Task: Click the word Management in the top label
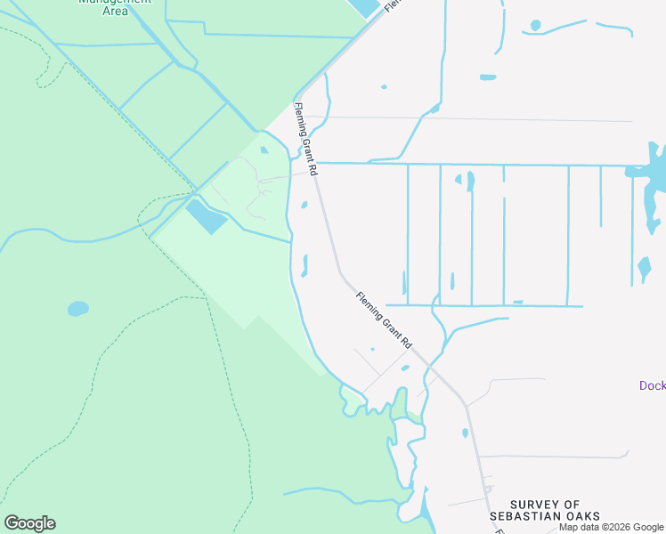click(114, 2)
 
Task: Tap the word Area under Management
click(115, 12)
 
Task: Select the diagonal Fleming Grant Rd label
click(386, 320)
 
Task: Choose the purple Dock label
click(653, 385)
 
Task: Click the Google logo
click(29, 523)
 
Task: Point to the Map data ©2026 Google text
click(612, 527)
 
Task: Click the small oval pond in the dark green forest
click(78, 309)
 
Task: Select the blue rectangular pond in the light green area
click(206, 216)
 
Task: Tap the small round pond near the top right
click(535, 25)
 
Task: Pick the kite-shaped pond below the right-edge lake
click(644, 268)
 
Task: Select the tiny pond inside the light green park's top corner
click(264, 150)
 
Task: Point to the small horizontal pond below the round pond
click(487, 77)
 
